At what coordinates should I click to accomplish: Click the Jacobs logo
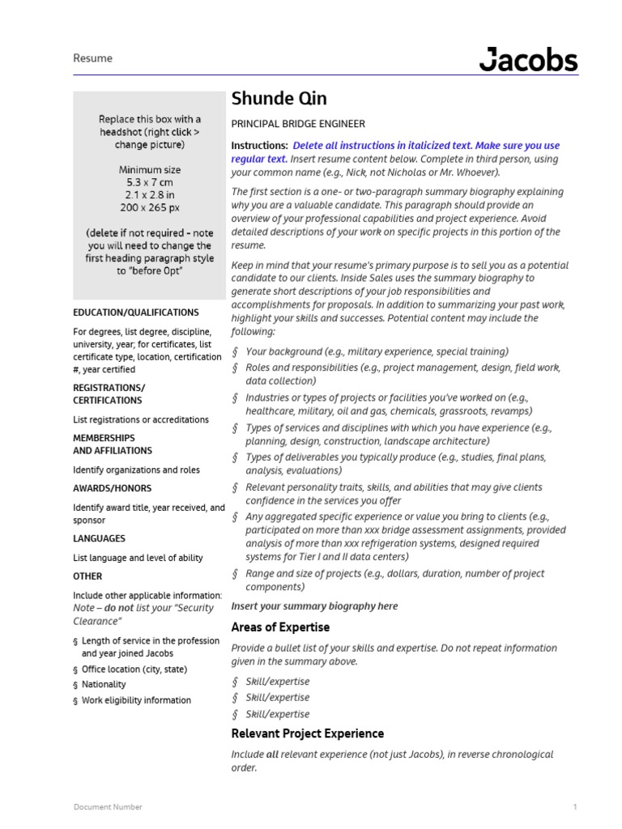click(528, 60)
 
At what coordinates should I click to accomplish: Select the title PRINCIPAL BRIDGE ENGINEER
click(298, 124)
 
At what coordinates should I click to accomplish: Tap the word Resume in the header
click(93, 58)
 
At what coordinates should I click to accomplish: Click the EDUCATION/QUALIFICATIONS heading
click(136, 312)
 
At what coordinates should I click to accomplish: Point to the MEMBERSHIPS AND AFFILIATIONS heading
click(113, 444)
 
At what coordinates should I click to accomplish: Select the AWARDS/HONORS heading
click(112, 489)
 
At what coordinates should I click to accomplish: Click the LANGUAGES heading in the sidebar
click(99, 538)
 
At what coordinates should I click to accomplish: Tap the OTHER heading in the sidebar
click(87, 576)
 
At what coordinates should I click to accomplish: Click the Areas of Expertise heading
click(280, 627)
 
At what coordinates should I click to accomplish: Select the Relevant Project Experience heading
click(308, 733)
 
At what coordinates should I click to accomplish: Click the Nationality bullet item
click(104, 685)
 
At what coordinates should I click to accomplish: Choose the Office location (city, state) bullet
click(134, 670)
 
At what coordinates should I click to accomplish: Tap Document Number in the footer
click(108, 807)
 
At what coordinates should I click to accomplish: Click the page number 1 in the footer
click(574, 807)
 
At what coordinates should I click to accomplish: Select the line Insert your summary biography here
click(314, 606)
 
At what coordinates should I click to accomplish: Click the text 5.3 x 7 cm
click(150, 183)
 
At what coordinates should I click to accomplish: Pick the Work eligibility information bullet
click(136, 700)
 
